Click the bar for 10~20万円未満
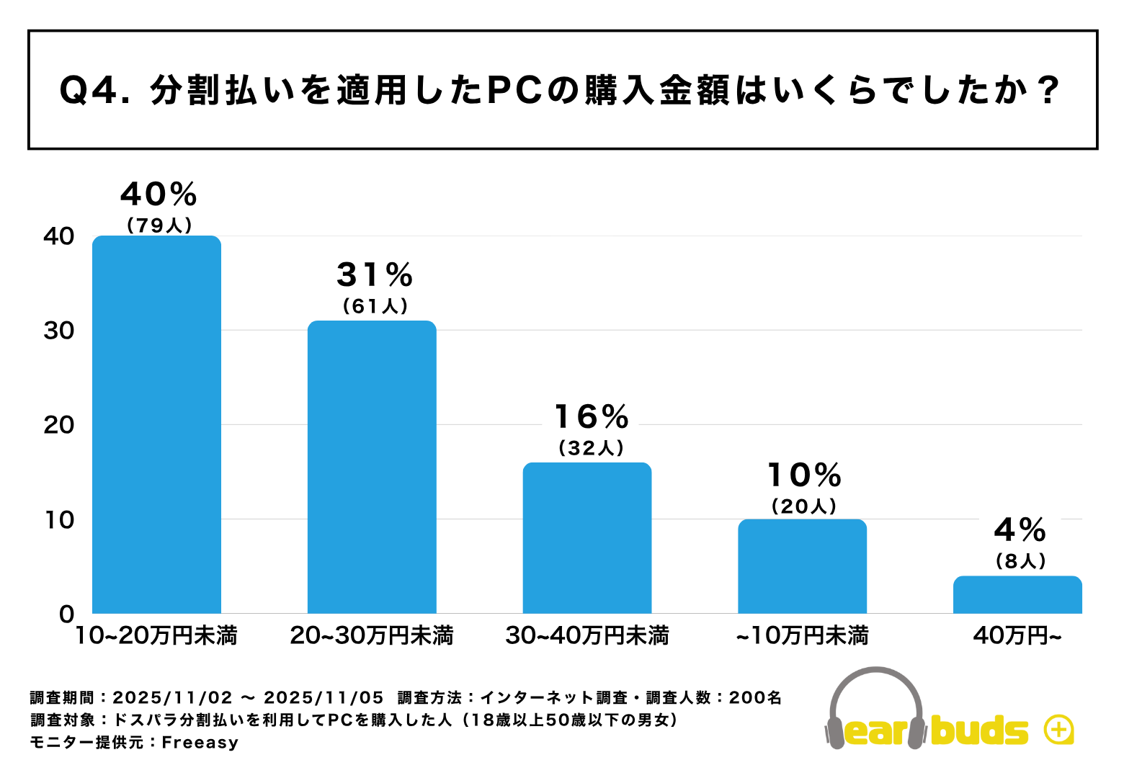(x=157, y=424)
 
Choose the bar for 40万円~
(x=1017, y=594)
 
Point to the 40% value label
(x=159, y=194)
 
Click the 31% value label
(x=375, y=275)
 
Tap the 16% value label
(x=592, y=417)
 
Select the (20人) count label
(x=804, y=506)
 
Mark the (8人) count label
(x=1020, y=561)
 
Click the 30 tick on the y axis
(x=59, y=331)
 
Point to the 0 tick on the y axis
(x=67, y=614)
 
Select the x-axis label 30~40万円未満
(x=587, y=635)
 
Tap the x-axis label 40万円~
(x=1017, y=635)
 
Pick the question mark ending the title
(x=1050, y=91)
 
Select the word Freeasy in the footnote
(x=200, y=742)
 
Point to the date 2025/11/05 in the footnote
(x=324, y=697)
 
